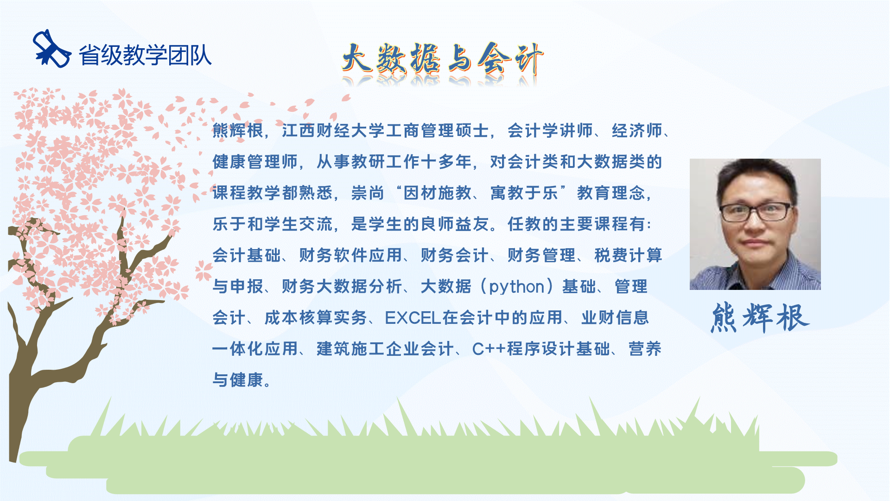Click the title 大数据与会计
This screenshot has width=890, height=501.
tap(443, 59)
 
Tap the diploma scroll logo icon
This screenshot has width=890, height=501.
tap(51, 49)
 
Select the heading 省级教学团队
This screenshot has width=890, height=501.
tap(145, 55)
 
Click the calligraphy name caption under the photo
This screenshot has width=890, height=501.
tap(760, 318)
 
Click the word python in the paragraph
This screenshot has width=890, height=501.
tap(516, 287)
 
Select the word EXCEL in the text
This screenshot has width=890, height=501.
tap(413, 318)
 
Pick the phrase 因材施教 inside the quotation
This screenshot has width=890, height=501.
tap(438, 193)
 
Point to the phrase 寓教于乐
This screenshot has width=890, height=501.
tap(524, 193)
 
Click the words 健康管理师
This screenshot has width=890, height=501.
tap(255, 162)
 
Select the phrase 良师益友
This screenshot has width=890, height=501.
tap(455, 224)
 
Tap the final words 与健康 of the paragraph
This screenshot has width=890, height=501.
tap(238, 380)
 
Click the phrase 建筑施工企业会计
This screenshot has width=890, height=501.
tap(385, 349)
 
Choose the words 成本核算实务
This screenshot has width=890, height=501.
tap(316, 318)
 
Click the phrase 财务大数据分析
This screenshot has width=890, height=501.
tap(342, 287)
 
